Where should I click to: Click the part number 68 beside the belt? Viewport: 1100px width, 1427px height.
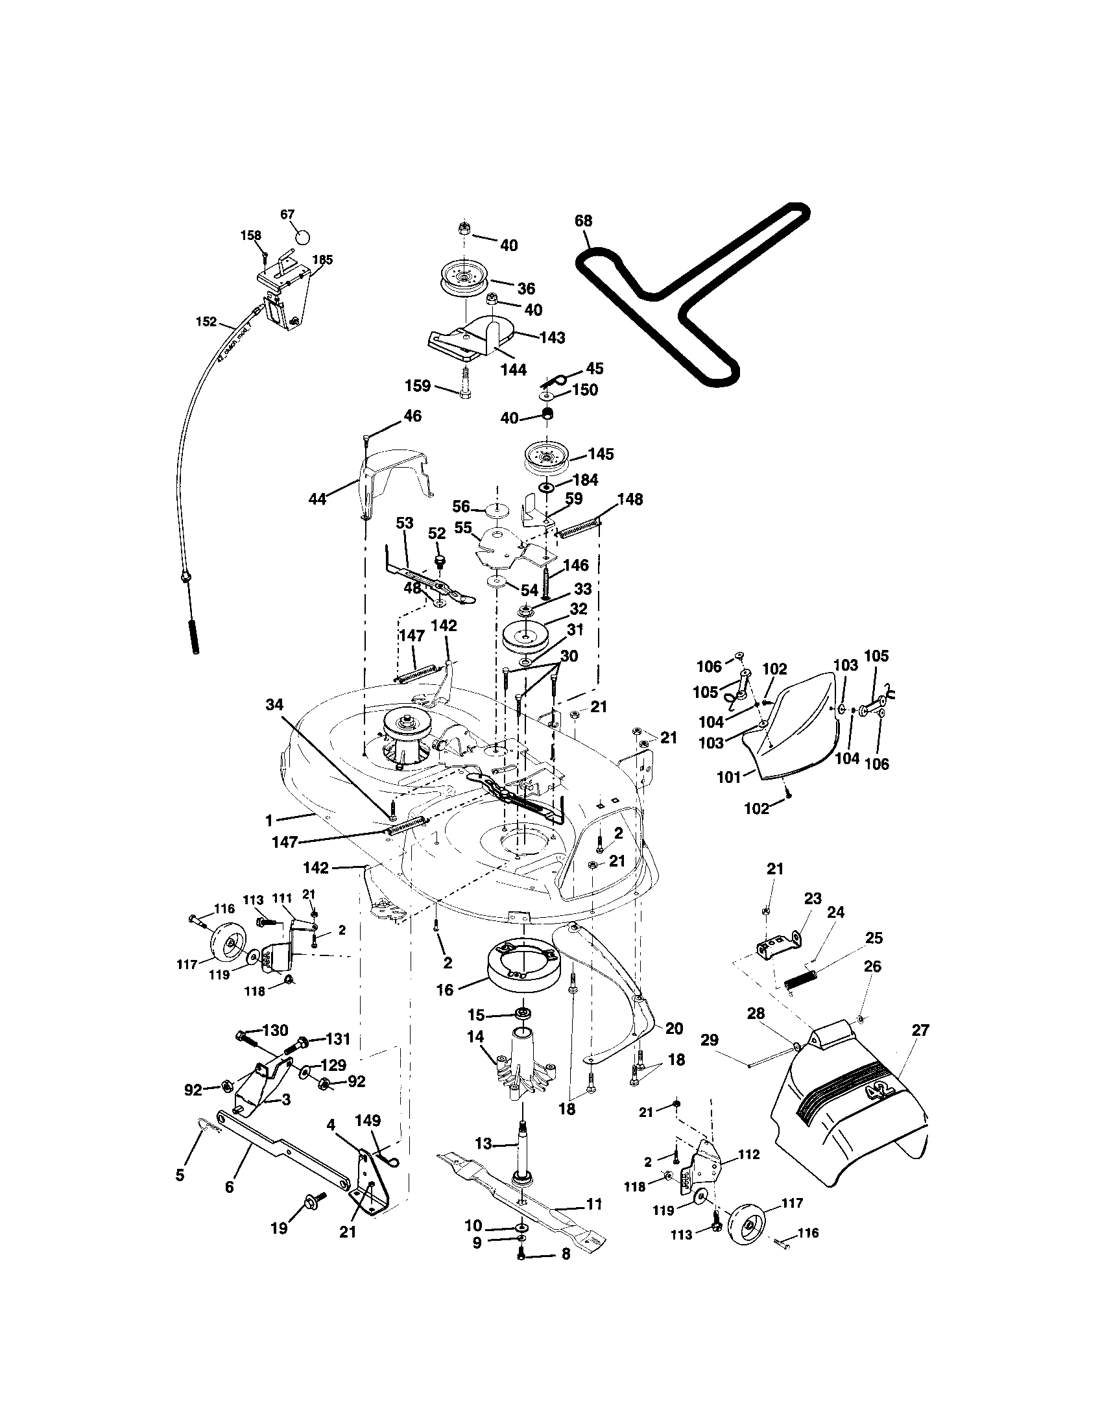pos(583,221)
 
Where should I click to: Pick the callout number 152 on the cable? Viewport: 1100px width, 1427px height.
pos(206,322)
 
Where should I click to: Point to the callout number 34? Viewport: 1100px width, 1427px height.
pos(275,704)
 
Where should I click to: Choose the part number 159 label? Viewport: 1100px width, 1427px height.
pos(418,386)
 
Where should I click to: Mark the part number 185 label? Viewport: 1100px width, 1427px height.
pos(323,260)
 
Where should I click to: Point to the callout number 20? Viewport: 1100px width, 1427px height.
pos(673,1029)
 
